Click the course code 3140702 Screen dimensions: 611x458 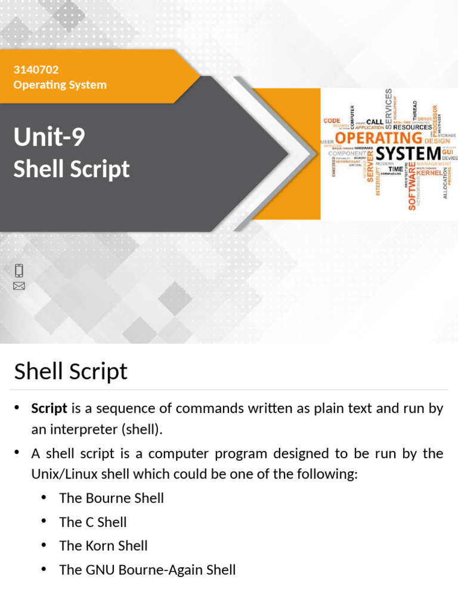[x=36, y=70]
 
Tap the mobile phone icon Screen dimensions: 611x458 [x=19, y=270]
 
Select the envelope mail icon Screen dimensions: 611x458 [x=19, y=286]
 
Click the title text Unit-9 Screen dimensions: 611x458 [x=49, y=138]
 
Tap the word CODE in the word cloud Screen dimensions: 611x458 [x=332, y=121]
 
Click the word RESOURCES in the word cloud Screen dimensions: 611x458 [x=413, y=127]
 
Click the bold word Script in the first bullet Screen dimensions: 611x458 [x=49, y=409]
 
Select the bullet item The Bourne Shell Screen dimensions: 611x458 [x=112, y=498]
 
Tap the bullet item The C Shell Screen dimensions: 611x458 [x=93, y=521]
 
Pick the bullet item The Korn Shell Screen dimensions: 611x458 [x=103, y=545]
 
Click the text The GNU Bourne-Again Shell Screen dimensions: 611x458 [x=147, y=569]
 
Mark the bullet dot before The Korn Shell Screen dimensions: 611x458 [x=44, y=545]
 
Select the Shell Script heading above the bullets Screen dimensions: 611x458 [x=70, y=371]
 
